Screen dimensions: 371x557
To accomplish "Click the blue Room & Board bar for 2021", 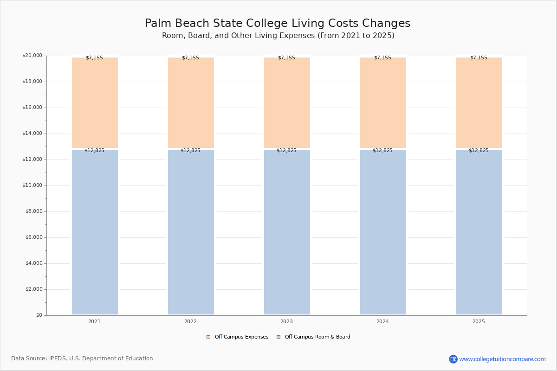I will [x=95, y=232].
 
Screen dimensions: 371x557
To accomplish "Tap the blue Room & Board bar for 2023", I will [x=287, y=232].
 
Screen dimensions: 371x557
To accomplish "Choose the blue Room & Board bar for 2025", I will [x=479, y=232].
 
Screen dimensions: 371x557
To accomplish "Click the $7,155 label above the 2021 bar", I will [x=94, y=58].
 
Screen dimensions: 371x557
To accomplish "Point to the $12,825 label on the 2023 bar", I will [x=286, y=151].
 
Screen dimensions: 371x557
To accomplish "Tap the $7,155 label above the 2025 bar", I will [x=479, y=58].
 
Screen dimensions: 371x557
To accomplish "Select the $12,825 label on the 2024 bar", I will [x=382, y=151].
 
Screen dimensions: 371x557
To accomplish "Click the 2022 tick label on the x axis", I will [x=190, y=322].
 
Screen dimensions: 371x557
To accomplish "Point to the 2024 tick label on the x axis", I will [x=382, y=322].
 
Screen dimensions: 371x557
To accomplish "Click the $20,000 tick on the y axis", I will [x=32, y=56].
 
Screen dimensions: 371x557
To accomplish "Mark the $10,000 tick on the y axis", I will [x=32, y=185].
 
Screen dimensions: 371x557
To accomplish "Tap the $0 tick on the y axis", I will [x=39, y=315].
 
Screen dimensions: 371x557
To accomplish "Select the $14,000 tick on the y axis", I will [x=32, y=134].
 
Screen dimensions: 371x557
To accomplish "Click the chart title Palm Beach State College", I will [x=278, y=24].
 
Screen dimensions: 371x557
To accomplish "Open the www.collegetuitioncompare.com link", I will [x=502, y=359].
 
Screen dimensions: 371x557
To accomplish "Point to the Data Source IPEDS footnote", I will [x=82, y=358].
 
